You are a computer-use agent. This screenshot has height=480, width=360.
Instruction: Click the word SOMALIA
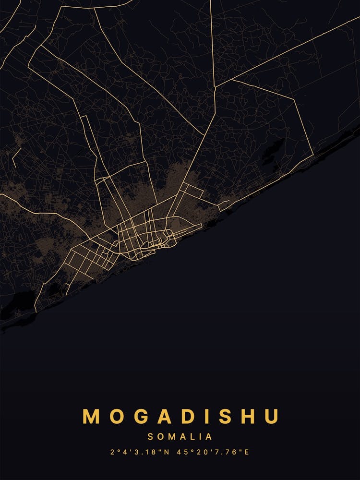tap(180, 437)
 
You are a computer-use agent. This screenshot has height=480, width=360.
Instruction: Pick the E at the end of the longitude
tap(248, 452)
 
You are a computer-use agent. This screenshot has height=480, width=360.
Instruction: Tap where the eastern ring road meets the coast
tap(313, 155)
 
